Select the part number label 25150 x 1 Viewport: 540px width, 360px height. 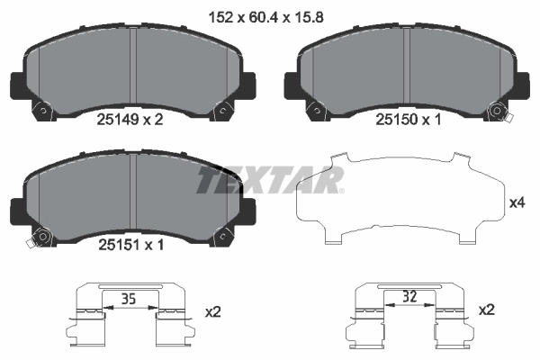(408, 119)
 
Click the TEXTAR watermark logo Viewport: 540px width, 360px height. (270, 180)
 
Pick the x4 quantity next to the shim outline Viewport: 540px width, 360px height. (517, 202)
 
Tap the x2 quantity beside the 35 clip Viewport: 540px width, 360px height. (213, 311)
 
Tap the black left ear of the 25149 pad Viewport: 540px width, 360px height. (16, 86)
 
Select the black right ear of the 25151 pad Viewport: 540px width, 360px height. (247, 212)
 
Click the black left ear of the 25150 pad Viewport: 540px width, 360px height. (292, 86)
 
